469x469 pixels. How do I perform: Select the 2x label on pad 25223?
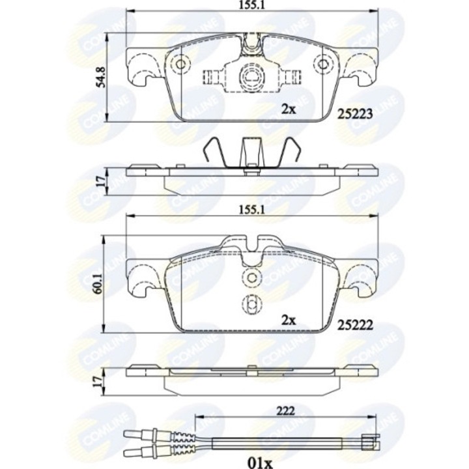(288, 109)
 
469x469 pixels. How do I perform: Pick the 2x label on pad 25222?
(288, 319)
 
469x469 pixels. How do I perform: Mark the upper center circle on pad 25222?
(251, 278)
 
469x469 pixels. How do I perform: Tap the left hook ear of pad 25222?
(140, 277)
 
